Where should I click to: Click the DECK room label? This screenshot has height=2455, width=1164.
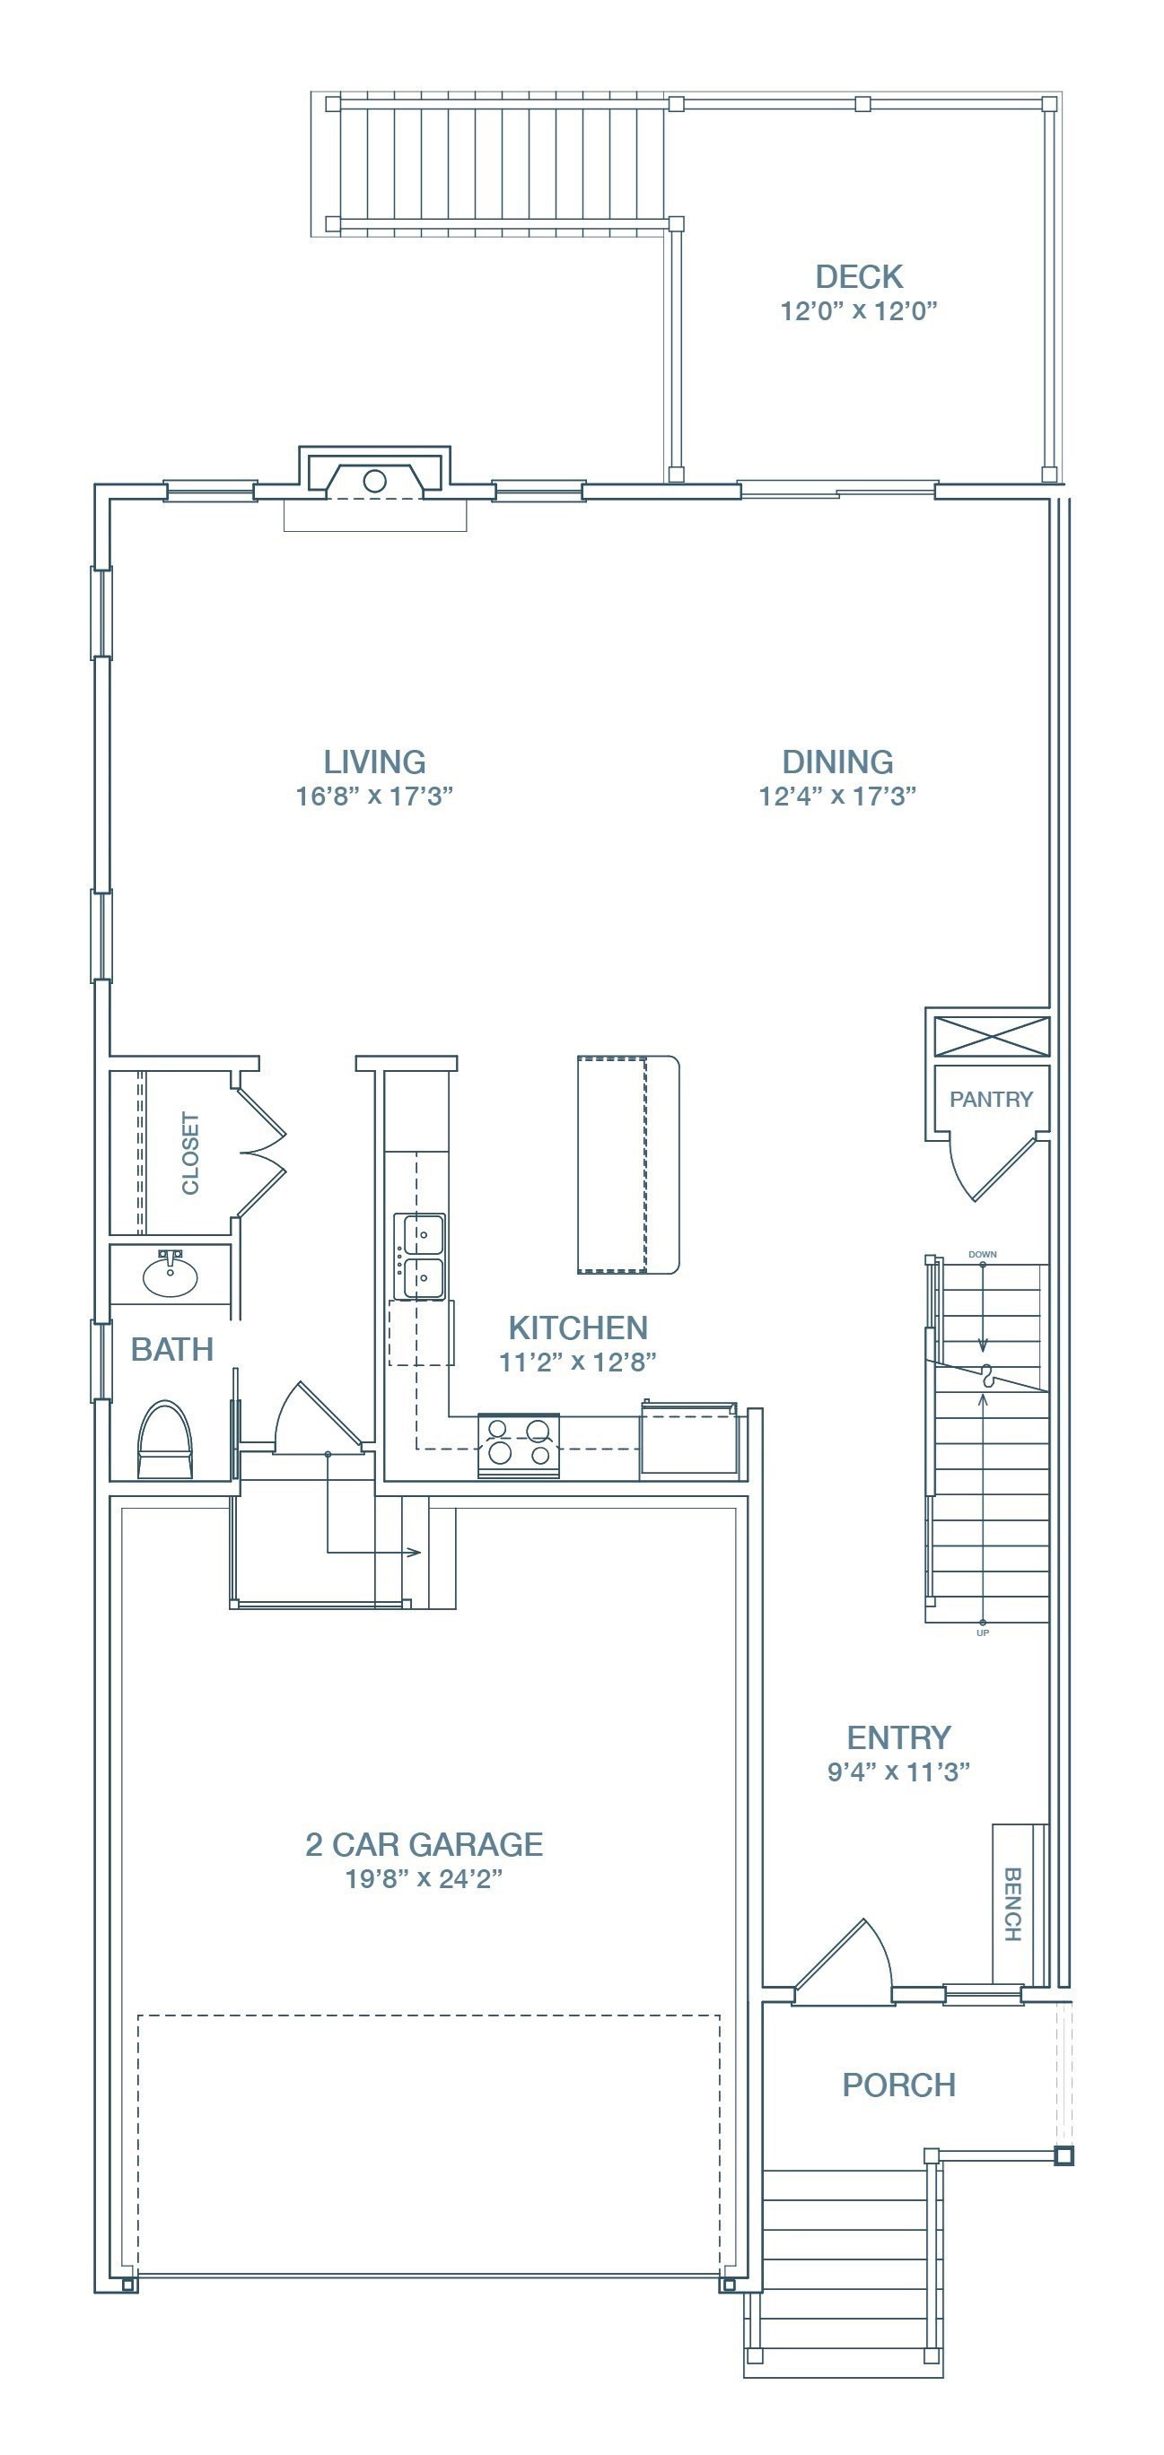pos(859,277)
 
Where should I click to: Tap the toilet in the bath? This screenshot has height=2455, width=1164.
pos(165,1440)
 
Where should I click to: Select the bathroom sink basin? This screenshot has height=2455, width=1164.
pos(170,1275)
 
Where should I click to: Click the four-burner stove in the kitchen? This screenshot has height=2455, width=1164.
pos(518,1445)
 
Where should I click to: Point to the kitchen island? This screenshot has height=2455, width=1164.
pos(628,1164)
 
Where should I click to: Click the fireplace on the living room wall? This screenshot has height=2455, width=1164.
pos(374,474)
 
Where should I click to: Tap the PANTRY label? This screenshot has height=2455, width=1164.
pos(991,1100)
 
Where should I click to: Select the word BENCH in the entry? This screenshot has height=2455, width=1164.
pos(1012,1904)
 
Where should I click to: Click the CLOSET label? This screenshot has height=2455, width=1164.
pos(190,1154)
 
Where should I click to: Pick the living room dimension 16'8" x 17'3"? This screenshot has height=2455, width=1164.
pos(373,797)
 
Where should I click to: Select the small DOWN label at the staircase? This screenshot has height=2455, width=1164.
pos(983,1254)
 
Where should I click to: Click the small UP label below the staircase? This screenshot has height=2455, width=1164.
pos(983,1632)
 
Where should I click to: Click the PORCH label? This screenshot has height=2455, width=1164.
pos(899,2085)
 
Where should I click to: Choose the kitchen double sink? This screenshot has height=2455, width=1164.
pos(423,1256)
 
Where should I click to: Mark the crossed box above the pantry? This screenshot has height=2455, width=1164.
pos(992,1036)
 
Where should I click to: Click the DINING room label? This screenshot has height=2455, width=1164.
pos(838,762)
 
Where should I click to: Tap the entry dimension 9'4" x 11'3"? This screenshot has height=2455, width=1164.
pos(899,1772)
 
